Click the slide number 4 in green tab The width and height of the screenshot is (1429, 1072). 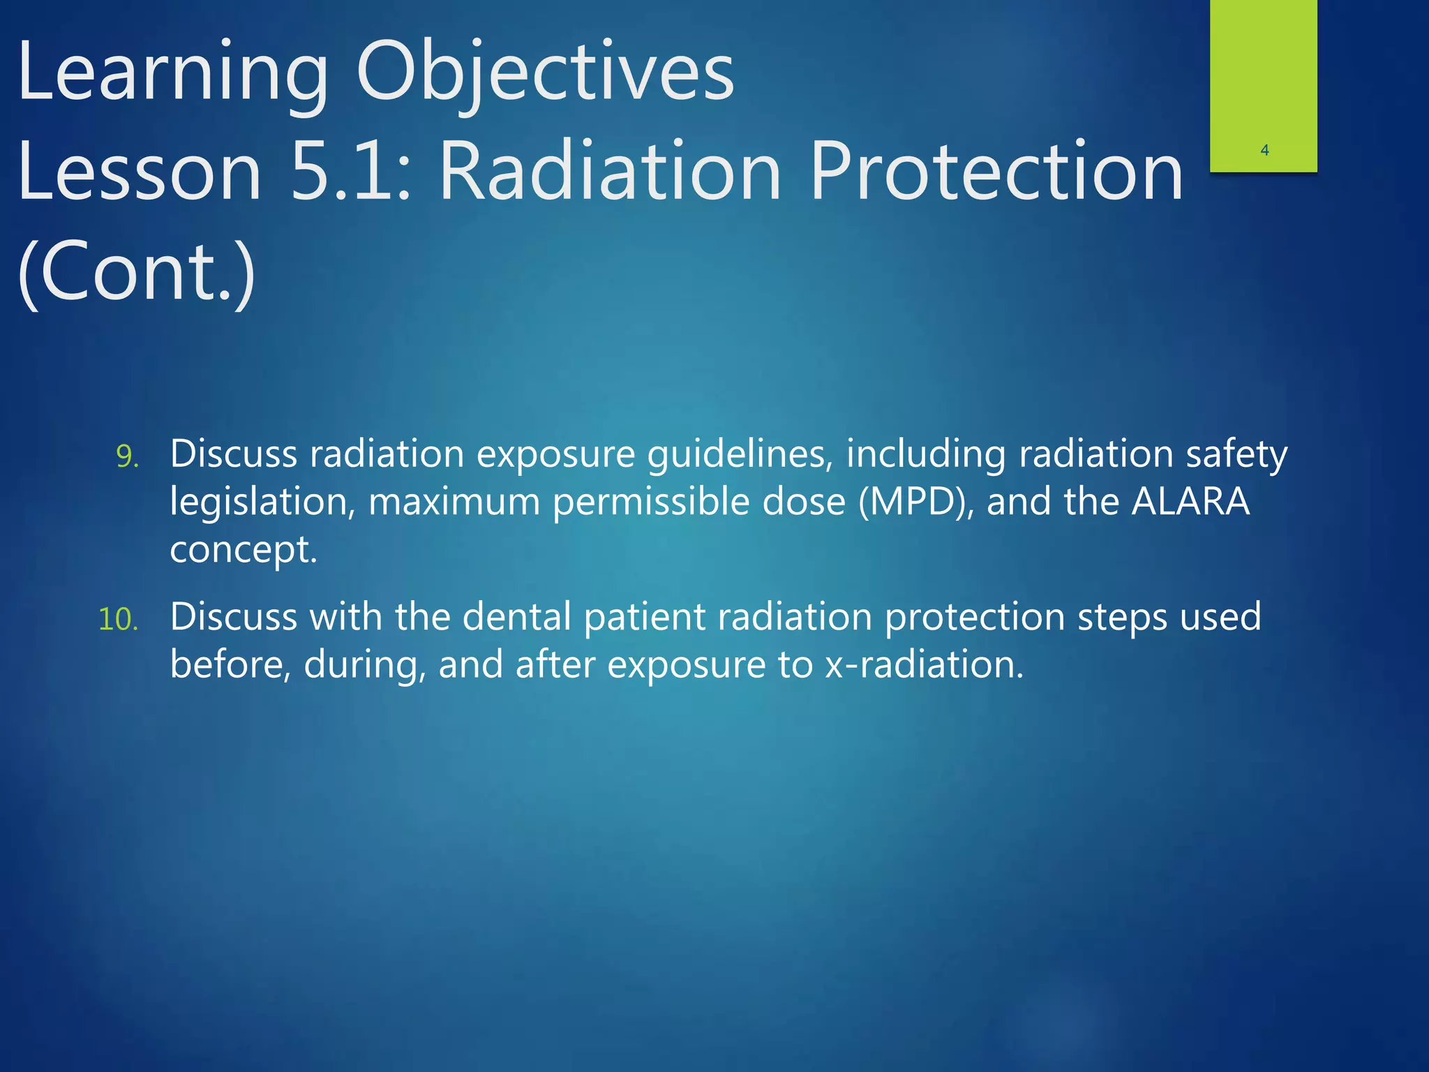(1264, 150)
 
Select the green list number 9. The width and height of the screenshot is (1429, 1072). (128, 456)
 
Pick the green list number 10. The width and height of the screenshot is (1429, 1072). (119, 620)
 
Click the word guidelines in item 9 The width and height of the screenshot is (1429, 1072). (740, 455)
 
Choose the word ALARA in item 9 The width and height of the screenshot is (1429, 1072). (1190, 501)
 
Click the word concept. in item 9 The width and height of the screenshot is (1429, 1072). (244, 550)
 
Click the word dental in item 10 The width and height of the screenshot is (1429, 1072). (516, 617)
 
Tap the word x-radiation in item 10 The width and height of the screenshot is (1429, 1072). (925, 664)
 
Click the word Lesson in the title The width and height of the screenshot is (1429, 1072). (140, 171)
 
